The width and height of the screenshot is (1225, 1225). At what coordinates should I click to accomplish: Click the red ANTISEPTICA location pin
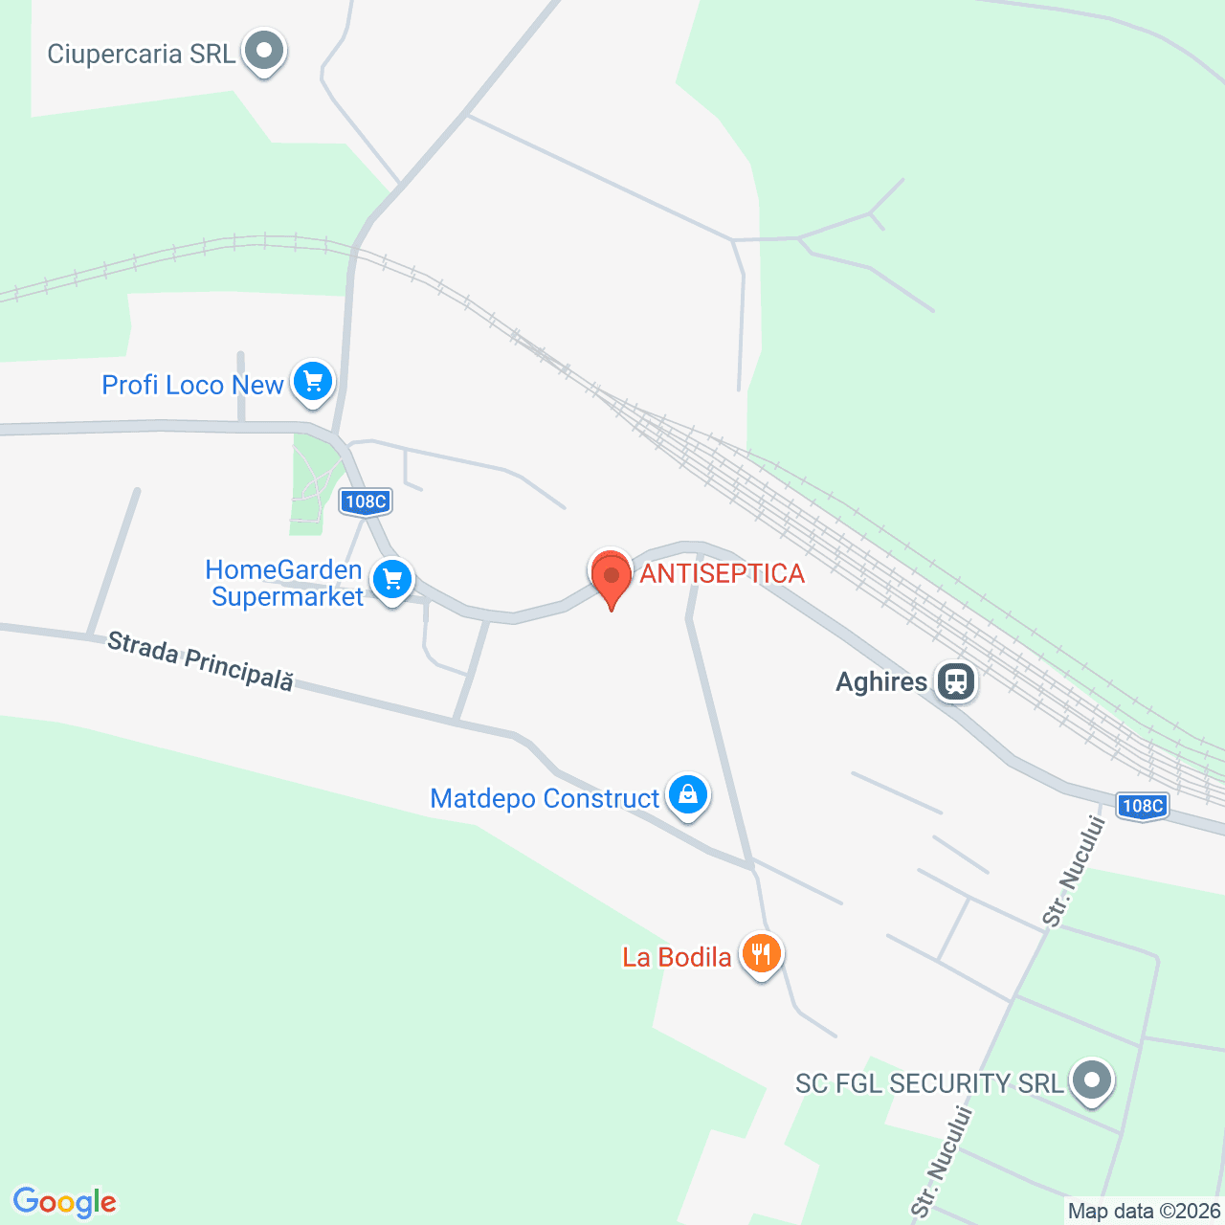coord(611,577)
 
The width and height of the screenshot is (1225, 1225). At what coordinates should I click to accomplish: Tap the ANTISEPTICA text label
coord(722,573)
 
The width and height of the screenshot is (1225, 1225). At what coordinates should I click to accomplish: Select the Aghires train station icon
coord(955,682)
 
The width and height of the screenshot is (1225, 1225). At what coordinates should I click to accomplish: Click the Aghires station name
coord(881,682)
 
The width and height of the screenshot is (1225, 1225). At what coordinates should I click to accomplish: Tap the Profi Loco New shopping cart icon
coord(312,382)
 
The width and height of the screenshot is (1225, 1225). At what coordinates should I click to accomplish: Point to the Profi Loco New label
coord(192,385)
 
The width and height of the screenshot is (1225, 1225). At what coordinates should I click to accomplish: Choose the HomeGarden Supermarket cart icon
coord(391,579)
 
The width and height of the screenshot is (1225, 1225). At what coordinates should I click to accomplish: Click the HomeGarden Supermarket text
coord(285,583)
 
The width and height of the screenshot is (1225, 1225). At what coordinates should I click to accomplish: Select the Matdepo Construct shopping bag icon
coord(687,794)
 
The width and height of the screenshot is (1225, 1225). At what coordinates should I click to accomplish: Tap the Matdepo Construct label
coord(545,798)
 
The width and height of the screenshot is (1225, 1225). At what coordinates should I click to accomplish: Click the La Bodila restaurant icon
coord(761,954)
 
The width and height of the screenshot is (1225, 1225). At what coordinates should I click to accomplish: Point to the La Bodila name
coord(677,957)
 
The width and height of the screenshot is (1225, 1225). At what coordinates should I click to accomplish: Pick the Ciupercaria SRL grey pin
coord(263,51)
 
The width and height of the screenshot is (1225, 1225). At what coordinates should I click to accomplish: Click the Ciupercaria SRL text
coord(141,54)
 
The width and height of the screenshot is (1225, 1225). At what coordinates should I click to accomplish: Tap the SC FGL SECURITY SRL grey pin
coord(1091,1080)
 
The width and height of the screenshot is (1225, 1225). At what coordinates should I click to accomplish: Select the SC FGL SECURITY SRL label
coord(929,1083)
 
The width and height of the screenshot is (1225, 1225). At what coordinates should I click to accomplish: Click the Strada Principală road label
coord(200,660)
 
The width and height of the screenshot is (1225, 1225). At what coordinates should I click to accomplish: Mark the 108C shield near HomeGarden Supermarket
coord(366,501)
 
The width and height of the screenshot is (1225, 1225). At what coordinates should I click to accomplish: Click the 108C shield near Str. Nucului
coord(1142,806)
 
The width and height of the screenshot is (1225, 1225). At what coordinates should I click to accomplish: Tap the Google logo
coord(65,1202)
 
